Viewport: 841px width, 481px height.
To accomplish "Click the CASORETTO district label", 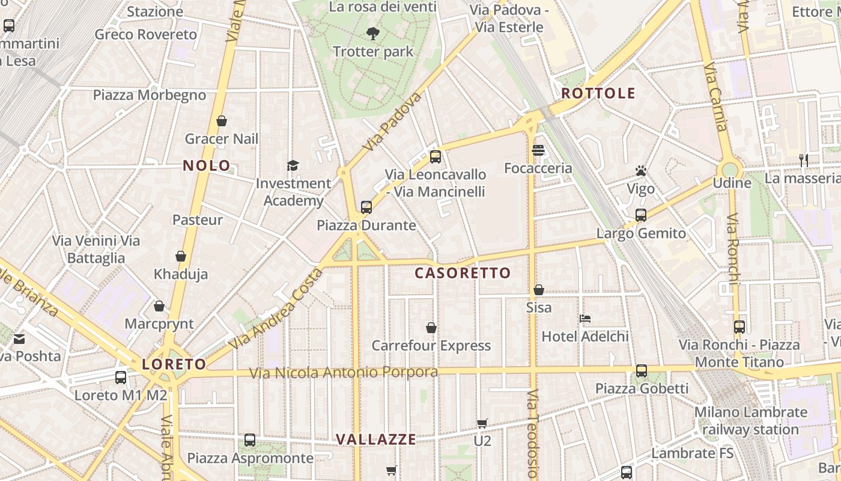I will (x=463, y=273).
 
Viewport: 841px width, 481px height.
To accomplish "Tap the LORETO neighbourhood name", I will (x=174, y=364).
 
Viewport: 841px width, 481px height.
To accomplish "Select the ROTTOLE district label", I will (x=598, y=93).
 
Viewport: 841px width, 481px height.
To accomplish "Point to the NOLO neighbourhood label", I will (x=207, y=166).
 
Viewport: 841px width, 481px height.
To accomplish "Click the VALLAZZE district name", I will (x=376, y=440).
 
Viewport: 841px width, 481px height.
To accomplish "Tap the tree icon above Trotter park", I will (x=372, y=34).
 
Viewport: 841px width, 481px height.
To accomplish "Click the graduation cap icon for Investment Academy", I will (x=293, y=165).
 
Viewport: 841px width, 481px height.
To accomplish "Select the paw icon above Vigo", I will (x=640, y=171).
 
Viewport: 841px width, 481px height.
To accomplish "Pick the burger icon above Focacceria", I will (x=538, y=150).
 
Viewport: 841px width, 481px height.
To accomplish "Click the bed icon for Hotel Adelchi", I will (x=584, y=318).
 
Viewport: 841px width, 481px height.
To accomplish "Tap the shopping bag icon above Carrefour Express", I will (x=431, y=328).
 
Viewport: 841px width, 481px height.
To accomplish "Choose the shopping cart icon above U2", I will (x=482, y=424).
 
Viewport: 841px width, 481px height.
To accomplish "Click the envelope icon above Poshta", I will (x=19, y=339).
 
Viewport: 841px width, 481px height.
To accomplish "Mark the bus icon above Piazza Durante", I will (x=366, y=207).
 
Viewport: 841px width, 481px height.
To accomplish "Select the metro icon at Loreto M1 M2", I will (x=121, y=378).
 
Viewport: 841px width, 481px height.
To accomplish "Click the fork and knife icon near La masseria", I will (x=804, y=160).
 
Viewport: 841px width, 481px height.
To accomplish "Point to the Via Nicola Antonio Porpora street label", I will (x=344, y=373).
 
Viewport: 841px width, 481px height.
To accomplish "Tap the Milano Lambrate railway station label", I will (x=751, y=421).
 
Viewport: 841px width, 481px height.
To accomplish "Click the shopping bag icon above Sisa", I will (x=539, y=290).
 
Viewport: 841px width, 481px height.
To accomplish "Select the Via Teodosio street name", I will (x=533, y=433).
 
